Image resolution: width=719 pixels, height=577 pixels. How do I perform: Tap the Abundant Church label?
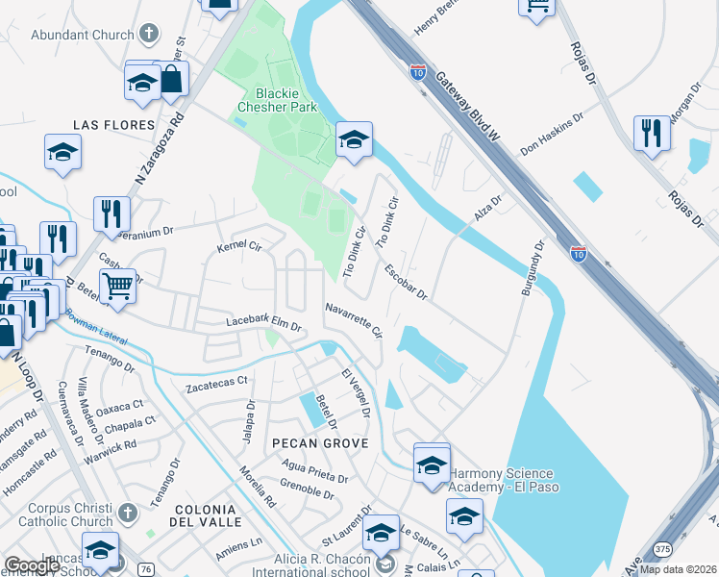point(83,35)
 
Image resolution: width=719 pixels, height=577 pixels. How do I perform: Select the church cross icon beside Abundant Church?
point(148,35)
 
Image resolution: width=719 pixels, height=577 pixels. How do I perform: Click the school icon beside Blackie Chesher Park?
point(354,141)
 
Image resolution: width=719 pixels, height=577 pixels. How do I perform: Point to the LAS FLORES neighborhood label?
point(113,125)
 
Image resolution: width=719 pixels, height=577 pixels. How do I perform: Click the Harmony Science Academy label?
point(502,479)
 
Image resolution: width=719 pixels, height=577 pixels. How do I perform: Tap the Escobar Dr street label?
point(405,282)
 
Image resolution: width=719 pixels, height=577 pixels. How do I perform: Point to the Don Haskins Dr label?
point(552,136)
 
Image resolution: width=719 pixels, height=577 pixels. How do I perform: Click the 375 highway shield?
point(662,548)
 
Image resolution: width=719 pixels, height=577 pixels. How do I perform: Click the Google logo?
point(31,565)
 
